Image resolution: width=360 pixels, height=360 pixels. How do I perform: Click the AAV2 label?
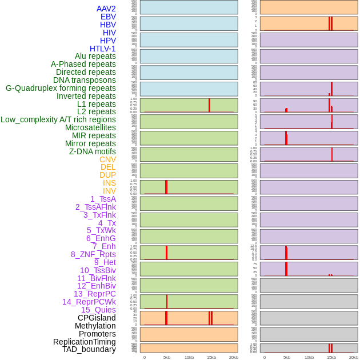(106, 9)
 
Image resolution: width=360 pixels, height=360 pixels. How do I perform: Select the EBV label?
(108, 17)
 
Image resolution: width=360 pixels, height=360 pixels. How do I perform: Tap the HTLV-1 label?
(103, 49)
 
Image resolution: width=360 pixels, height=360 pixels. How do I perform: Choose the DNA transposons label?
(85, 80)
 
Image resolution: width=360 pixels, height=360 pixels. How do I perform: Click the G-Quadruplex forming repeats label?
(61, 88)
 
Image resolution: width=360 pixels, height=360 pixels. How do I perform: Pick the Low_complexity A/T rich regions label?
(58, 119)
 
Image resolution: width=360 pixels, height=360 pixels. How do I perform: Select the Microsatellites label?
(90, 127)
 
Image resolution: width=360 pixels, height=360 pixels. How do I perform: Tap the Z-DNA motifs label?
(93, 151)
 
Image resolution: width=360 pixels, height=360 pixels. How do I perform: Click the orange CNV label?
(107, 159)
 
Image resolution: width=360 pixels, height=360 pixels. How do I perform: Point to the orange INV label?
(109, 191)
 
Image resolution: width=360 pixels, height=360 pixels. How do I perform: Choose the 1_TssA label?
(103, 199)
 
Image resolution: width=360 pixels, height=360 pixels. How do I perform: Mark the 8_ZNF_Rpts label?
(93, 254)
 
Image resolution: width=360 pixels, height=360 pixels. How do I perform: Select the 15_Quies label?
(98, 310)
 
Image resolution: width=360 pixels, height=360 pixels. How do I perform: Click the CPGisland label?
(97, 318)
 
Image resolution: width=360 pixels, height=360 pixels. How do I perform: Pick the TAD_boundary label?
(89, 349)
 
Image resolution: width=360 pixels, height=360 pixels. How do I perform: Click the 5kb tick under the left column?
(167, 357)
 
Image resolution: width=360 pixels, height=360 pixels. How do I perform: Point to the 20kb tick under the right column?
(354, 357)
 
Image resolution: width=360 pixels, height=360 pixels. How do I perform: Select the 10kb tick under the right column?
(309, 357)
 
